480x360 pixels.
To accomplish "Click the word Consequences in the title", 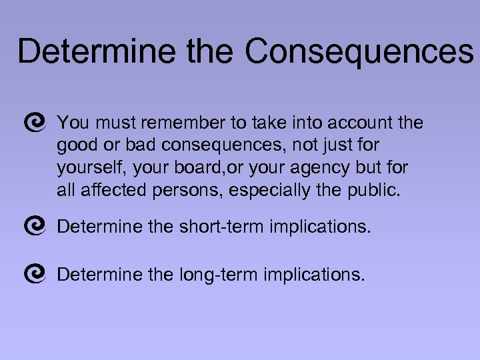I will coord(359,51).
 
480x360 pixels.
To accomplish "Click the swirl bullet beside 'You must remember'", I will coord(34,122).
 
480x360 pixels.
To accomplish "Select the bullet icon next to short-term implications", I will coord(34,227).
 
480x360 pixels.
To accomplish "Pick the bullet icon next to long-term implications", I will coord(34,273).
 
